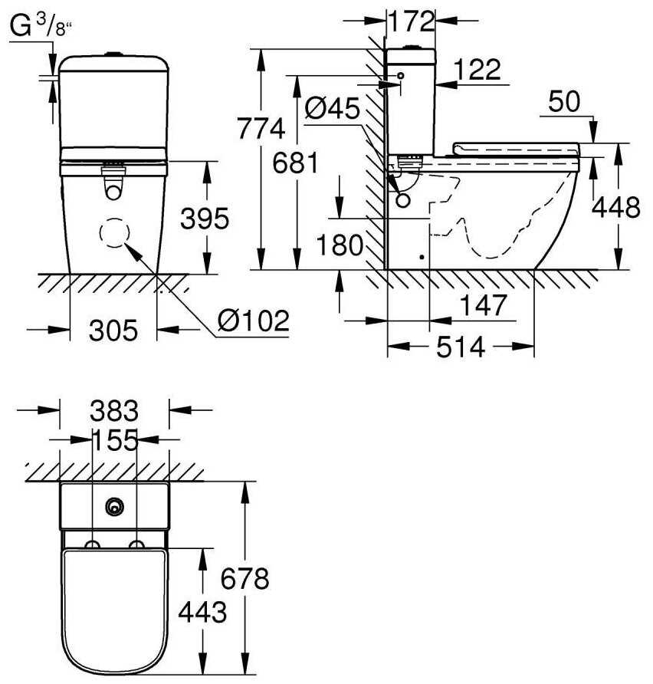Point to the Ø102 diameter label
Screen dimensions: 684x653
coord(253,320)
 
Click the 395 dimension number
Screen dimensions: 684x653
coord(205,219)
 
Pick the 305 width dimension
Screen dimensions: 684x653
coord(113,330)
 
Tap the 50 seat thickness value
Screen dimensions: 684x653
coord(566,101)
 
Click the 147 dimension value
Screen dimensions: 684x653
coord(483,305)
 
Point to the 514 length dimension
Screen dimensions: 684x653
coord(461,347)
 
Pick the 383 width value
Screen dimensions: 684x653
coord(114,412)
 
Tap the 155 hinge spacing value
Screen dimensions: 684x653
coord(114,441)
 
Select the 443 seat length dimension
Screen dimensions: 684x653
coord(202,612)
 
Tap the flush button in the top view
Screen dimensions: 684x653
coord(115,505)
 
